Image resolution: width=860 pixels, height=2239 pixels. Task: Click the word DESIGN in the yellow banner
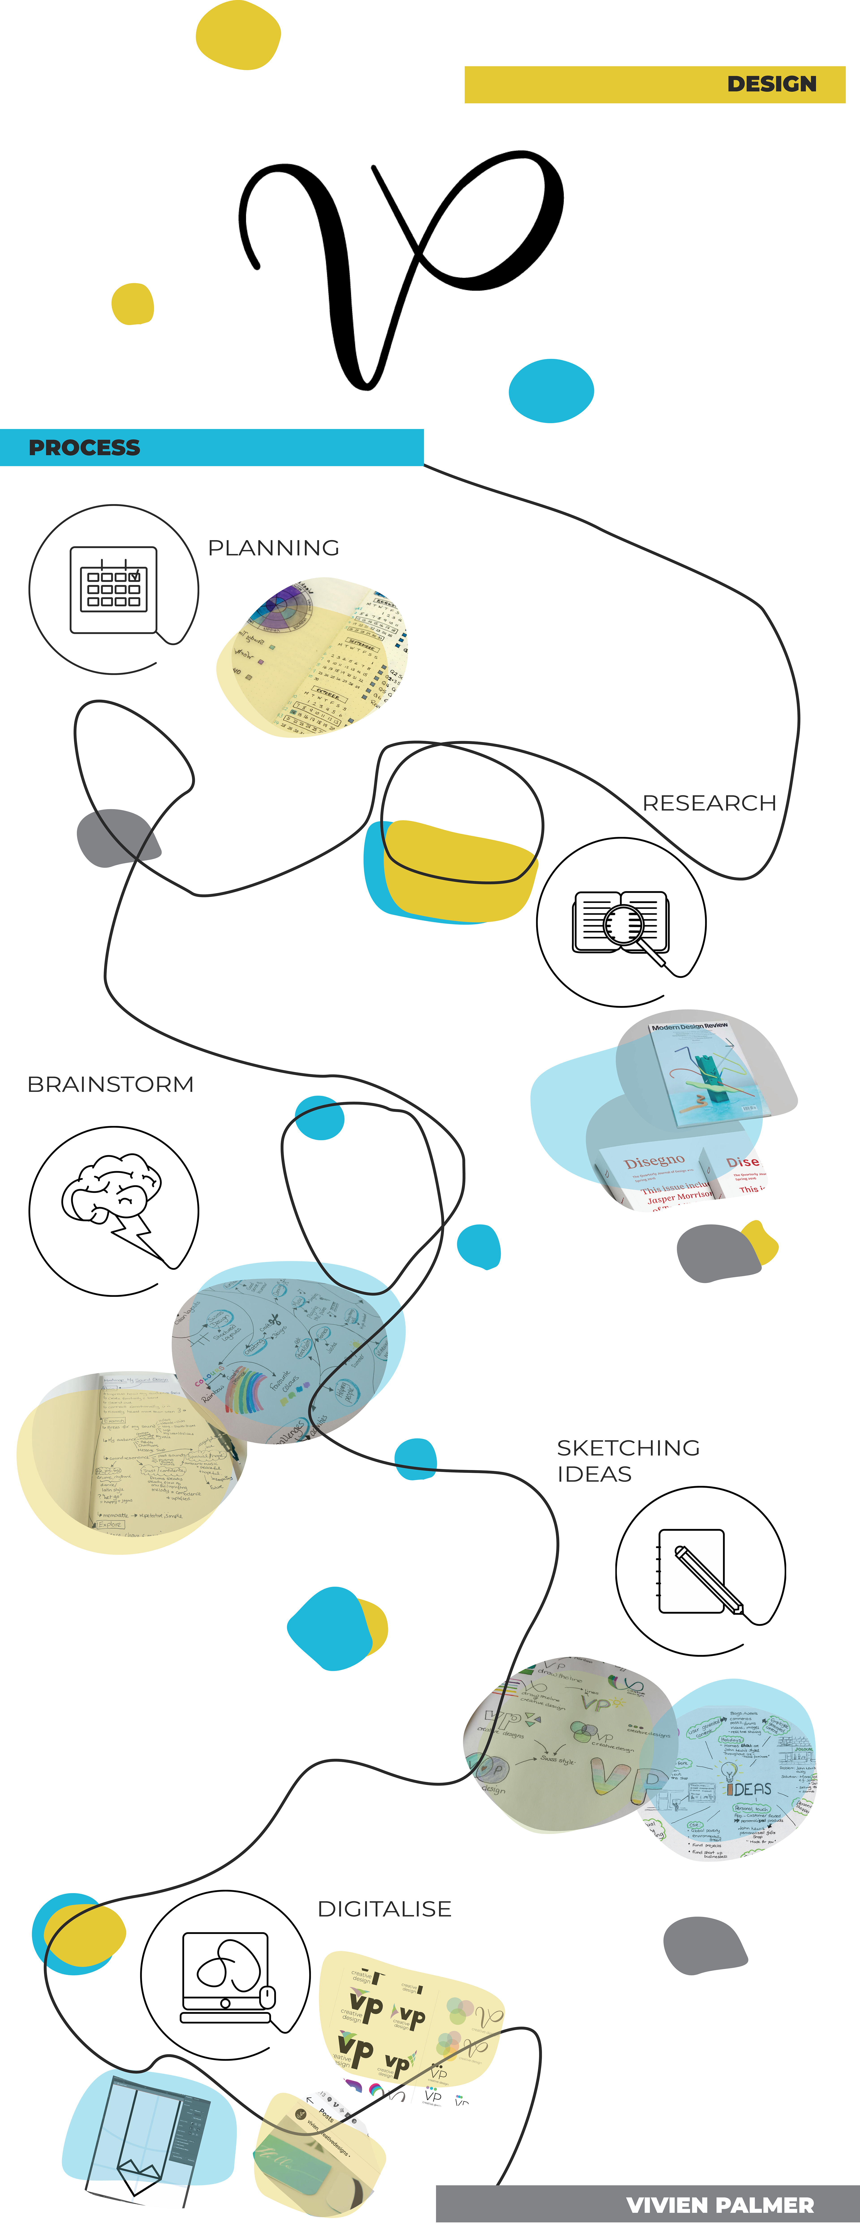click(771, 84)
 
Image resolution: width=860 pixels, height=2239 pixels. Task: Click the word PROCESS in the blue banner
click(84, 448)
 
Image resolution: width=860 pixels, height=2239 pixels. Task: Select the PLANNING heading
click(274, 547)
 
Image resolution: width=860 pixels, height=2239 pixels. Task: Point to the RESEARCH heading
click(709, 803)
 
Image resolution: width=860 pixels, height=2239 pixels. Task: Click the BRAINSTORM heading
click(110, 1085)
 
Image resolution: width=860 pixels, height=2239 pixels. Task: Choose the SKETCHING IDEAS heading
click(627, 1460)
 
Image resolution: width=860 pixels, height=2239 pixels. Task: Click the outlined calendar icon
click(114, 589)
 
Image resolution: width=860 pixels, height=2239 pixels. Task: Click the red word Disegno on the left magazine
click(654, 1162)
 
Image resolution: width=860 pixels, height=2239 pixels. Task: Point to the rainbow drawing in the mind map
click(246, 1391)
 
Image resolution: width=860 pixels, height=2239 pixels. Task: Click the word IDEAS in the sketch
click(749, 1789)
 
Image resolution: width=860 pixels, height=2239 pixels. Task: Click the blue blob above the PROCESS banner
click(551, 390)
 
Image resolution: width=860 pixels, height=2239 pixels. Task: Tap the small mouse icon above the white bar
click(268, 1997)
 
